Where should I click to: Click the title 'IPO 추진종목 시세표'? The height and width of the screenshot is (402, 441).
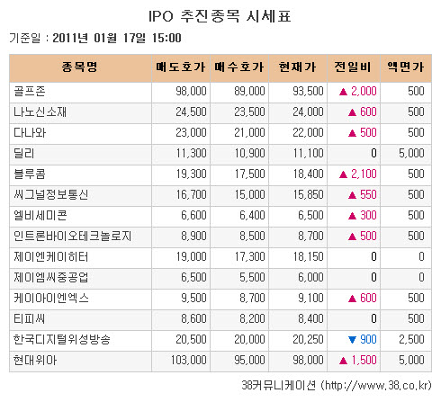coord(220,17)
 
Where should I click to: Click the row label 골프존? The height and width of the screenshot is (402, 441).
coord(31,91)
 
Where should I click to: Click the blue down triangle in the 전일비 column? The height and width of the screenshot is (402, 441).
coord(342,339)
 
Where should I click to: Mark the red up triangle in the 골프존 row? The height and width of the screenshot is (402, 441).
coord(342,91)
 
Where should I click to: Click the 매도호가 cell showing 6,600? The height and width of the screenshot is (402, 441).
coord(193,215)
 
